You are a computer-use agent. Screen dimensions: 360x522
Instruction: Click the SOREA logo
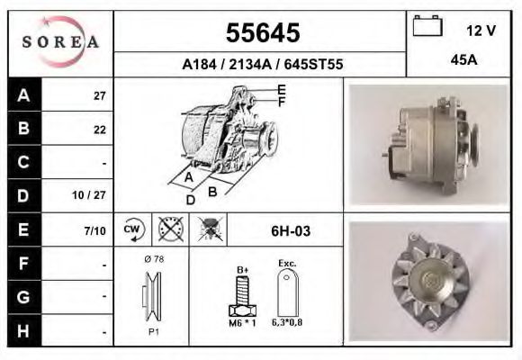pos(59,42)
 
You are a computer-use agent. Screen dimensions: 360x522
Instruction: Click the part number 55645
pos(261,34)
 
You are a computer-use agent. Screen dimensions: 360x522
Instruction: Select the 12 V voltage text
pos(481,30)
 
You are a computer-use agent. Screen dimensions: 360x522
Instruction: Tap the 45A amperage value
pos(463,61)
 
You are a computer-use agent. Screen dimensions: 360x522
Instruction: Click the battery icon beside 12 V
pos(427,27)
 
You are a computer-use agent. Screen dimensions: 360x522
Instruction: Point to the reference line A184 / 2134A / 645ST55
pos(262,65)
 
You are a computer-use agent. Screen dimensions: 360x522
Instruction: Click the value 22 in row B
pos(99,130)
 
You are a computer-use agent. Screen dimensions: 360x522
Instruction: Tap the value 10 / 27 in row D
pos(93,195)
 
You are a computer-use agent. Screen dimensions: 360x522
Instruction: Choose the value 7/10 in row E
pos(94,230)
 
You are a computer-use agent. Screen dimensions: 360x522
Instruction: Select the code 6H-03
pos(290,230)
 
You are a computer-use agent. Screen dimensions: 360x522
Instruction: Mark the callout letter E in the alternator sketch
pos(281,89)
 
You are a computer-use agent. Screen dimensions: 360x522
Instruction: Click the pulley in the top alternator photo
pos(467,145)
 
